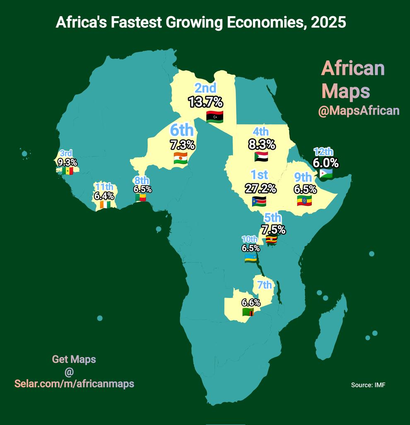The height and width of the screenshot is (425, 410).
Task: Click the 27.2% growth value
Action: pos(260,188)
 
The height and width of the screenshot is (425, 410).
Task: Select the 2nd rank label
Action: pos(205,88)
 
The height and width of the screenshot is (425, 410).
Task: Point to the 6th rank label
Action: pos(182,130)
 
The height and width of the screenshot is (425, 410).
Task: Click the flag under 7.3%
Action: pos(181,158)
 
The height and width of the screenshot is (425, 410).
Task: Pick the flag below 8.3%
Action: pos(261,156)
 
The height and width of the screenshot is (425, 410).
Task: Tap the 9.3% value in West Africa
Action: pos(68,162)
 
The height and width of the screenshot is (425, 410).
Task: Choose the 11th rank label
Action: pos(103,186)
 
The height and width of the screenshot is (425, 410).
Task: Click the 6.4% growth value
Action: pos(104,195)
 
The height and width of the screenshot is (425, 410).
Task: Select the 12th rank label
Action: pos(323,152)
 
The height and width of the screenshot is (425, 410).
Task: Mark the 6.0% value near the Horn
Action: pos(326,162)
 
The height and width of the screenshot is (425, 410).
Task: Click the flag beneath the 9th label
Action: pos(304,201)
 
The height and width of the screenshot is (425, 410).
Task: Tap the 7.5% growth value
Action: pos(273,230)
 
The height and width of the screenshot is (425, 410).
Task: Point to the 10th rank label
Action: pos(250,239)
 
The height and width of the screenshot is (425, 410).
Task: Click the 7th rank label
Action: pos(265,285)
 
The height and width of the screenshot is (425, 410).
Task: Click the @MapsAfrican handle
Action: pos(359,111)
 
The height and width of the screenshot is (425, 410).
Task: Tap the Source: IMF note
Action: pos(368,385)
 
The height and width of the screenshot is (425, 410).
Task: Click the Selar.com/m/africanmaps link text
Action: pos(74,383)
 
